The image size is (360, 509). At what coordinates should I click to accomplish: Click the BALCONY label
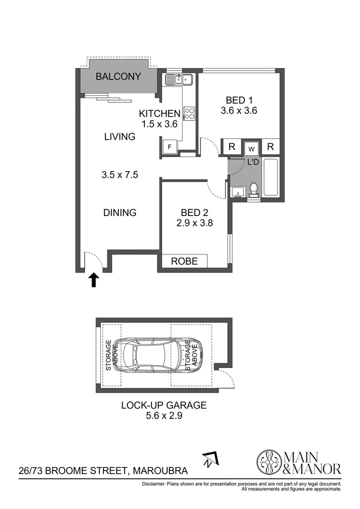click(118, 76)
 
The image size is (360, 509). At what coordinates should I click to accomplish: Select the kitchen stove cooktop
click(189, 113)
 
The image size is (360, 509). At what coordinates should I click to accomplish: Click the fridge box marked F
click(170, 147)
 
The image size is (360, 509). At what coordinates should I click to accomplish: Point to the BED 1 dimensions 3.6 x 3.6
click(238, 111)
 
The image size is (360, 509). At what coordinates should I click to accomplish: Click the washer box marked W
click(251, 148)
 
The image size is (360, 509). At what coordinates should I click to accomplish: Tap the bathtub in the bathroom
click(271, 177)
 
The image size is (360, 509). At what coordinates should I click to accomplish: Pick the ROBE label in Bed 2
click(184, 261)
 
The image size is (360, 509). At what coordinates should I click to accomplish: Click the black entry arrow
click(93, 280)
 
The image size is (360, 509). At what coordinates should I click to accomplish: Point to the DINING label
click(119, 212)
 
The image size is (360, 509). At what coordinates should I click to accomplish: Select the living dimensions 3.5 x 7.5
click(119, 175)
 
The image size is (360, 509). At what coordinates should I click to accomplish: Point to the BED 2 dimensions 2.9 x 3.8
click(194, 223)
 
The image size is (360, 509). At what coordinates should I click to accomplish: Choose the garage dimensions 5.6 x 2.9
click(163, 415)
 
